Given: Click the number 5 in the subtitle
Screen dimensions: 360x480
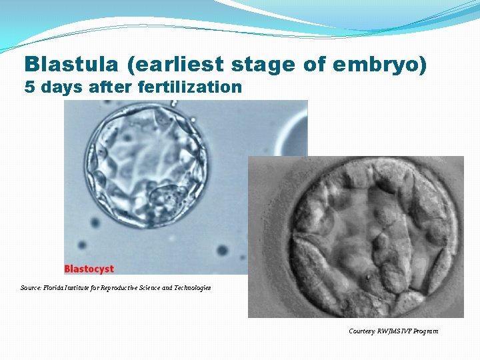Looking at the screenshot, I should (29, 87).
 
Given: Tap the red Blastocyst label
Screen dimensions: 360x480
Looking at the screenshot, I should (89, 269).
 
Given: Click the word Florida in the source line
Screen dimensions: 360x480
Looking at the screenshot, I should (55, 288).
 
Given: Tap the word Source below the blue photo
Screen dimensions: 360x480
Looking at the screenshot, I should (31, 288).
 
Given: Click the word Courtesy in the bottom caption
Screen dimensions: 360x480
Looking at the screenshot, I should (362, 331).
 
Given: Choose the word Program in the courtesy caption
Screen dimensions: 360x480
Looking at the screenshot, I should (426, 331).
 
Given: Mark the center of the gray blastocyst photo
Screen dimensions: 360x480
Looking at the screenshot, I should (356, 237).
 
